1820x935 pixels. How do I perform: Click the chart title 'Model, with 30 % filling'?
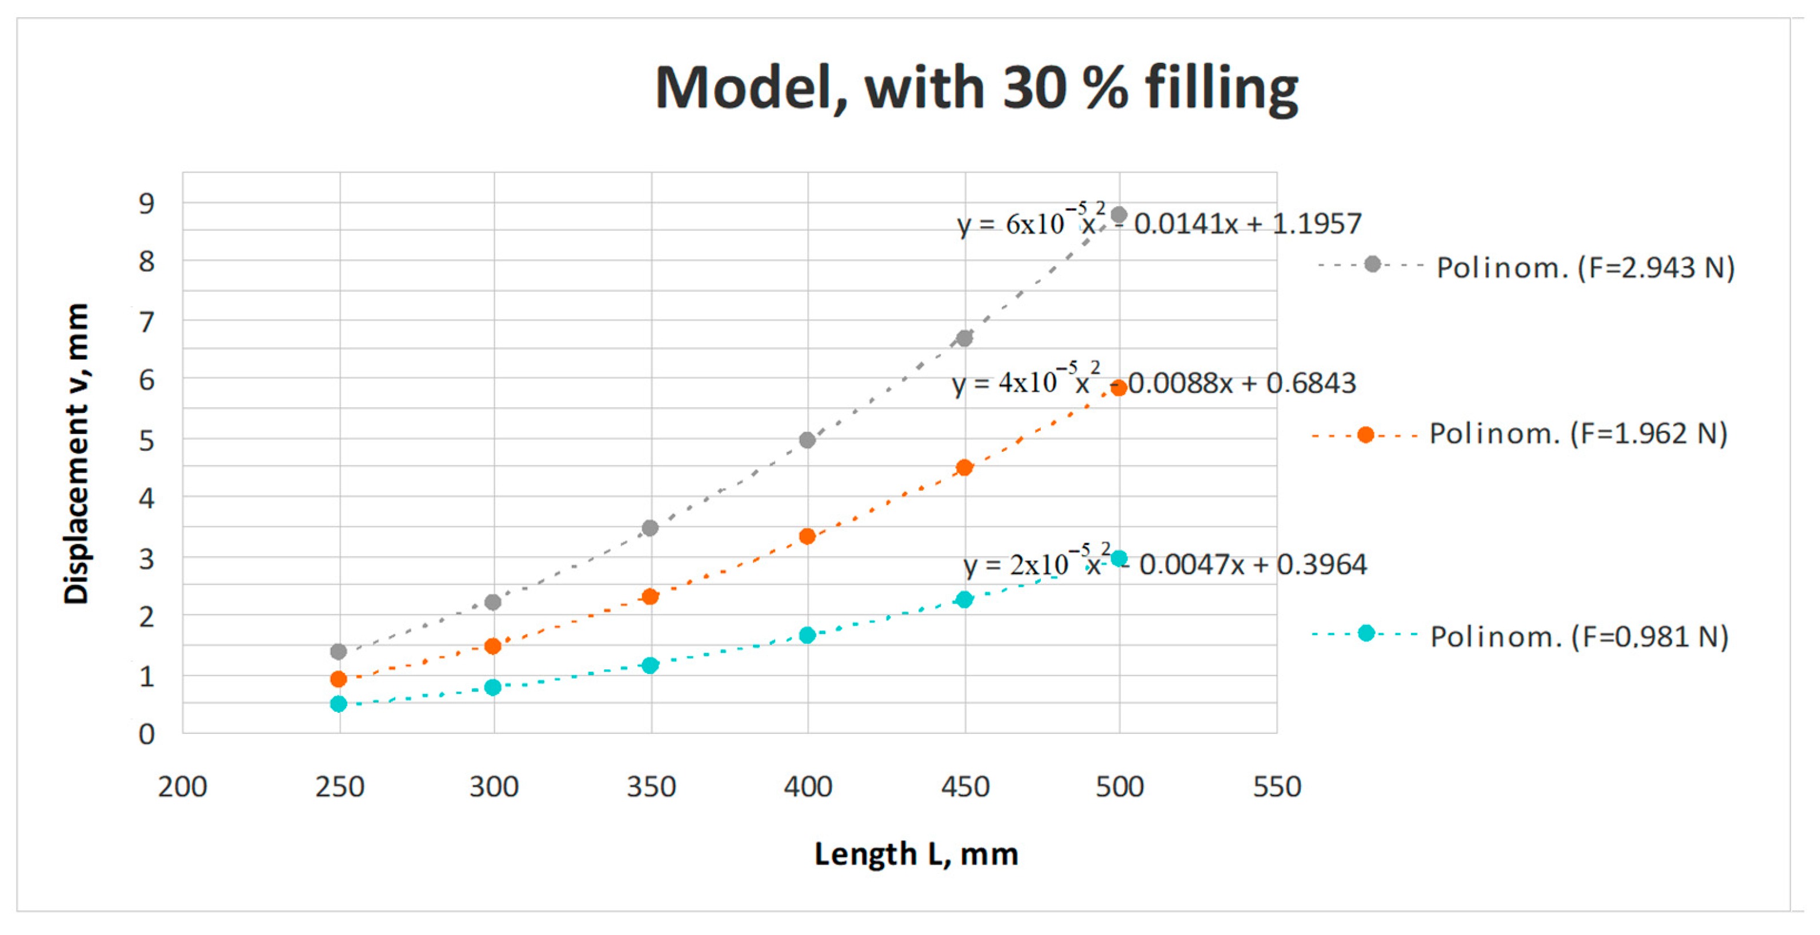976,89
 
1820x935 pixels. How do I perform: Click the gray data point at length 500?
1119,215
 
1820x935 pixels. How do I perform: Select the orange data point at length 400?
807,536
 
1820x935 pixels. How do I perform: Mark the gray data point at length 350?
650,528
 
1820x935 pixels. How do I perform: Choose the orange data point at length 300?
493,645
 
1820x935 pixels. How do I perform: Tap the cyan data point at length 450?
964,600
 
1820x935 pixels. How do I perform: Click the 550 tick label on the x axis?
1277,786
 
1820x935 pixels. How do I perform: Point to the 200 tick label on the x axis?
182,786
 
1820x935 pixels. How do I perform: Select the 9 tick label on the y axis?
146,203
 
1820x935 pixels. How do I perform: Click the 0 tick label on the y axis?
146,735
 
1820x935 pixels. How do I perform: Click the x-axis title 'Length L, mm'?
916,854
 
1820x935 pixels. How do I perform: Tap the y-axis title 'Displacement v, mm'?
77,454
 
